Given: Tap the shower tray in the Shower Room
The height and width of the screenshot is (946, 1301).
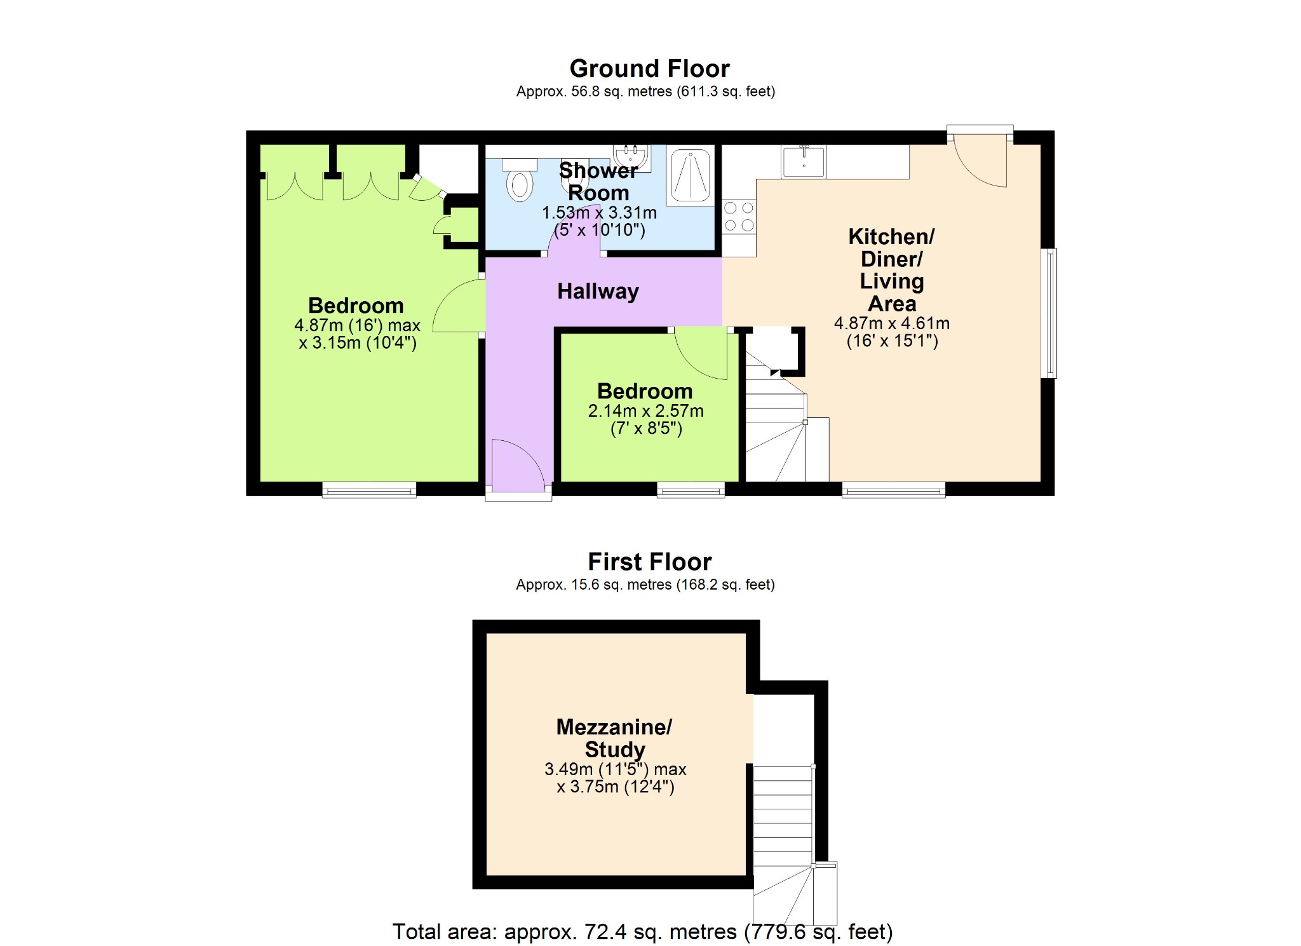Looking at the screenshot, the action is [691, 175].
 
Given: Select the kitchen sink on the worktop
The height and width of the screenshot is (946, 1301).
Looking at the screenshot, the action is [804, 161].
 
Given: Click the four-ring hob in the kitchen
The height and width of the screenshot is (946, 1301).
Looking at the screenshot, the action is [739, 217].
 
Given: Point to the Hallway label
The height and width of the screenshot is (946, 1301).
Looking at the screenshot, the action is [598, 292].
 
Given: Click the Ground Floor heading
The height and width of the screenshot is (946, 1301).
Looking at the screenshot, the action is [649, 69].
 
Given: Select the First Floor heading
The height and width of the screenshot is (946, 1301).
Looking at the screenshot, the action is [649, 562].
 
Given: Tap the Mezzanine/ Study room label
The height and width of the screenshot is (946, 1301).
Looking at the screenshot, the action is [614, 738].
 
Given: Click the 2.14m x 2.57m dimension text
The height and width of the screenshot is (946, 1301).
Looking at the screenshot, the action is [645, 411].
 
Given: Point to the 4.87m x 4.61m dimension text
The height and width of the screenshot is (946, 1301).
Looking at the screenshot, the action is [891, 323].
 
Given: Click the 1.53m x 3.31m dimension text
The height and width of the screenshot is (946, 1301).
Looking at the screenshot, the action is [599, 213].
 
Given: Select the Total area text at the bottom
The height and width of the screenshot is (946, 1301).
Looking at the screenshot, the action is [642, 931].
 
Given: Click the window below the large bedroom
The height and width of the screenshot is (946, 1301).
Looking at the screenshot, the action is [369, 490].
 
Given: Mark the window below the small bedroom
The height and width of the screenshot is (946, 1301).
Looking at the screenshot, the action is [691, 490].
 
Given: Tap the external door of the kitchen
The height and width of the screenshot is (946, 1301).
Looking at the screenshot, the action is [981, 158].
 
